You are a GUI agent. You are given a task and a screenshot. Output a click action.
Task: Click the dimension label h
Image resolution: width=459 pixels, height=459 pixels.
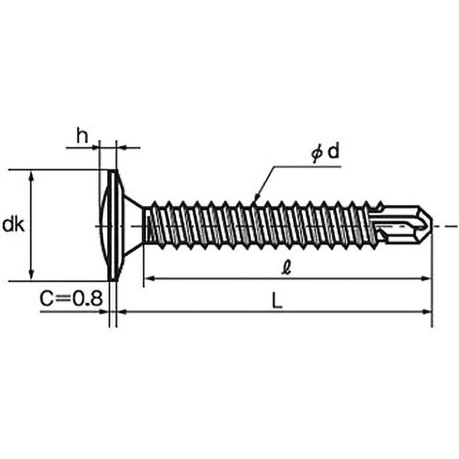(82, 135)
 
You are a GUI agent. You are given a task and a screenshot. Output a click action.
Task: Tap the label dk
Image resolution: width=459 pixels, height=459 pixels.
(13, 225)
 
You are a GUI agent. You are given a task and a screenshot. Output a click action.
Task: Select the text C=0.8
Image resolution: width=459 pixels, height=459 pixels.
(71, 298)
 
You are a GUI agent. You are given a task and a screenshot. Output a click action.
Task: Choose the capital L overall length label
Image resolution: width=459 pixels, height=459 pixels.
(277, 301)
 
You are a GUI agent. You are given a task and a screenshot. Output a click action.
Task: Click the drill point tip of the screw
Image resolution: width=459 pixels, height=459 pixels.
(431, 226)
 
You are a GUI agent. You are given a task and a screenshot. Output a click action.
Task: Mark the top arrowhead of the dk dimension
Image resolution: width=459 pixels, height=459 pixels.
(32, 175)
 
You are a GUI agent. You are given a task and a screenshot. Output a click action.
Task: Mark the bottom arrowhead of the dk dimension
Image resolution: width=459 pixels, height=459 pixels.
(32, 276)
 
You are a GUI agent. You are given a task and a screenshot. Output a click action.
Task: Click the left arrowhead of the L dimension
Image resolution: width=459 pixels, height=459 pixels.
(122, 312)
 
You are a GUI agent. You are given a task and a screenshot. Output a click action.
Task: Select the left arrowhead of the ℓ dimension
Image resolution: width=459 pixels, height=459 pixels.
(149, 278)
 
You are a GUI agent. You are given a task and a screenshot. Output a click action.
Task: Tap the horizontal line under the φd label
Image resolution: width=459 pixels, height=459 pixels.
(308, 167)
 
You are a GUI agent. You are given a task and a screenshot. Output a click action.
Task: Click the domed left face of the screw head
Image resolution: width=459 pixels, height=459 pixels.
(104, 225)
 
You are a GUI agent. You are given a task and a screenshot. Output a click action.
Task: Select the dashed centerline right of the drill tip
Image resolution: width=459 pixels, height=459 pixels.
(446, 226)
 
